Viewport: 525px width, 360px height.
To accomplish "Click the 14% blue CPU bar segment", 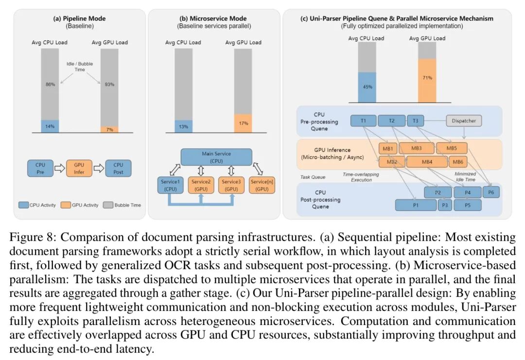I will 50,126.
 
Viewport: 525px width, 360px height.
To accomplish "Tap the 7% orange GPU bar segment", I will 109,130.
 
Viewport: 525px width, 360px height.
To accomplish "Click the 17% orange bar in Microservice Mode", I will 243,123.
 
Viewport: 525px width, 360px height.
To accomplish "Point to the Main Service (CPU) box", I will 216,157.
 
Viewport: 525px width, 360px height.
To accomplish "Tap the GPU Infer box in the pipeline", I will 79,168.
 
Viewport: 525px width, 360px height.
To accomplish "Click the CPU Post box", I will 118,168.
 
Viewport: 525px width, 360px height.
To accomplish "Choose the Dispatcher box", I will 464,120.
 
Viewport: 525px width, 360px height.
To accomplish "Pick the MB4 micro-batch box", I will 427,162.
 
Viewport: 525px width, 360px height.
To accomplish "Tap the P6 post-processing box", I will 491,193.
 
